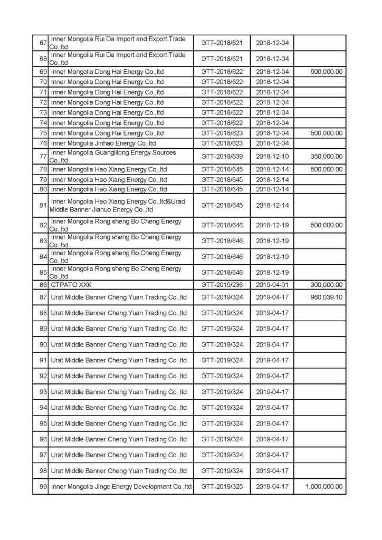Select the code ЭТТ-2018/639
pos(222,157)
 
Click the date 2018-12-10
pos(272,157)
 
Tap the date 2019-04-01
pos(272,285)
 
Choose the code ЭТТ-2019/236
pos(222,285)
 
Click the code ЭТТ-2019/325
pos(222,486)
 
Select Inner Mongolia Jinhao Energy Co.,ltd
pos(103,143)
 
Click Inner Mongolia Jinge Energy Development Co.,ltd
pos(121,486)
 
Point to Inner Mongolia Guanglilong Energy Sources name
pos(113,156)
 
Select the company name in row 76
pos(103,143)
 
